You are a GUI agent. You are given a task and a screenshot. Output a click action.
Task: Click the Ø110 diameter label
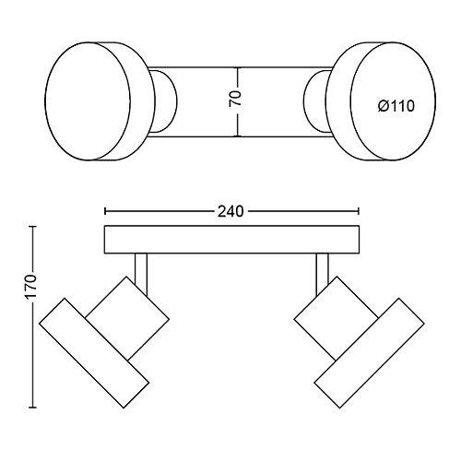(396, 106)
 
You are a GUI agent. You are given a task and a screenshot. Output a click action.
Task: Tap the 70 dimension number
(235, 99)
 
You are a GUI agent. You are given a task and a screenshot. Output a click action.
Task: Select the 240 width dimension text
(230, 211)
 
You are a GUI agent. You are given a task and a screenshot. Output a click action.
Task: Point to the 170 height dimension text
(31, 286)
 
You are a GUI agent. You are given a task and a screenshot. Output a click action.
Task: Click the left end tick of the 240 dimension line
(105, 211)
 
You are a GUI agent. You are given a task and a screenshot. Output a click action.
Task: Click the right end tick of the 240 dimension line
(359, 211)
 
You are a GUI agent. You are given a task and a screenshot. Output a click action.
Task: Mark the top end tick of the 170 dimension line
(32, 227)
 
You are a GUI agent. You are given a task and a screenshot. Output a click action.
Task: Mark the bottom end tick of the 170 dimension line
(32, 408)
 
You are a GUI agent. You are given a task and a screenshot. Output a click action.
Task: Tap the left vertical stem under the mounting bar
(141, 274)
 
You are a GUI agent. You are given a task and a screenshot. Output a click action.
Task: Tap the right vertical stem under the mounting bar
(322, 274)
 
